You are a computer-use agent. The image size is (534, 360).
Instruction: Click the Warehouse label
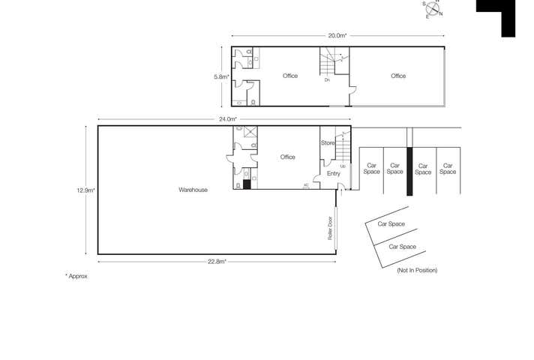(x=193, y=190)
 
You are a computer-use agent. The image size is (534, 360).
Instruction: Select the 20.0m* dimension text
(x=337, y=35)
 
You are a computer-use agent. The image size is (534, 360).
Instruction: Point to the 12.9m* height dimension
(x=84, y=190)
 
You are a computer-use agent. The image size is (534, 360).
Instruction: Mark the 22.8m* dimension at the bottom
(x=217, y=261)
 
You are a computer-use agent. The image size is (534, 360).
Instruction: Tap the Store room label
(x=328, y=142)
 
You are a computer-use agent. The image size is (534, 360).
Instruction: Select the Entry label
(x=334, y=173)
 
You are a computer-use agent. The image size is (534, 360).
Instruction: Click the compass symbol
(x=433, y=8)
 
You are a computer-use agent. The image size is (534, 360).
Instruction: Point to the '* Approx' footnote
(x=76, y=276)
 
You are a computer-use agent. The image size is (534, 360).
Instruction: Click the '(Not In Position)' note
(x=416, y=270)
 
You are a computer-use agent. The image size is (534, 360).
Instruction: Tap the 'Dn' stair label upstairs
(x=327, y=79)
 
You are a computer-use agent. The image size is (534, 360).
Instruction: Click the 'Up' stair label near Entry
(x=343, y=166)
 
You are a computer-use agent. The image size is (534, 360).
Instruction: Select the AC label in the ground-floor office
(x=306, y=184)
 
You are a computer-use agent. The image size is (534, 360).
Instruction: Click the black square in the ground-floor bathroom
(x=247, y=184)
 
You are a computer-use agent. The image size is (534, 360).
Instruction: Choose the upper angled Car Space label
(x=391, y=223)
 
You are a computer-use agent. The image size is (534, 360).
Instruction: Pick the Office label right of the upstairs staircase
(x=398, y=76)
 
